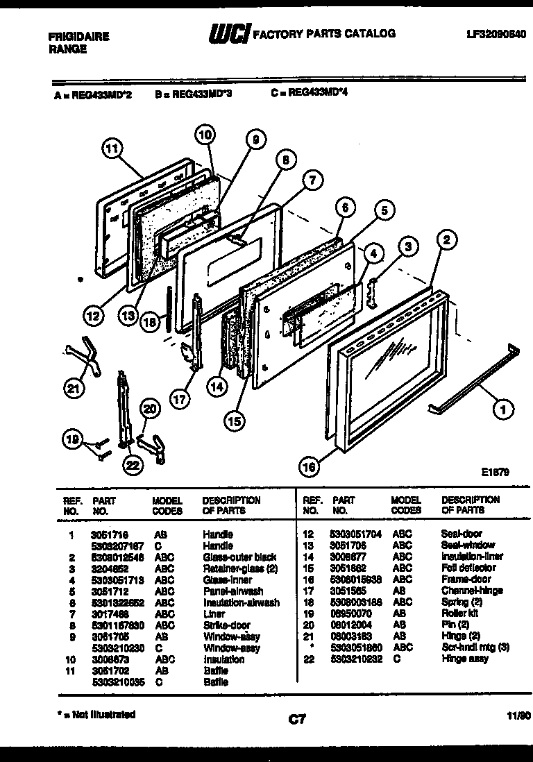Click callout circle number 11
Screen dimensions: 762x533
pyautogui.click(x=111, y=148)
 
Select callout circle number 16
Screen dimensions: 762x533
pyautogui.click(x=310, y=467)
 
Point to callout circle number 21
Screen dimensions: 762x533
pyautogui.click(x=71, y=389)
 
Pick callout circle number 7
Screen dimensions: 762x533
pyautogui.click(x=312, y=181)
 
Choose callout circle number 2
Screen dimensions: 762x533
pyautogui.click(x=446, y=240)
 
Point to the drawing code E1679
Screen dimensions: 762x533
pyautogui.click(x=496, y=472)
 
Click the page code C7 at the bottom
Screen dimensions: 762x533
pyautogui.click(x=297, y=720)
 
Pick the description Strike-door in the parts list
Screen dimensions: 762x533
pyautogui.click(x=226, y=625)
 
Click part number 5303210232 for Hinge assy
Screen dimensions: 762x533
pyautogui.click(x=357, y=659)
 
